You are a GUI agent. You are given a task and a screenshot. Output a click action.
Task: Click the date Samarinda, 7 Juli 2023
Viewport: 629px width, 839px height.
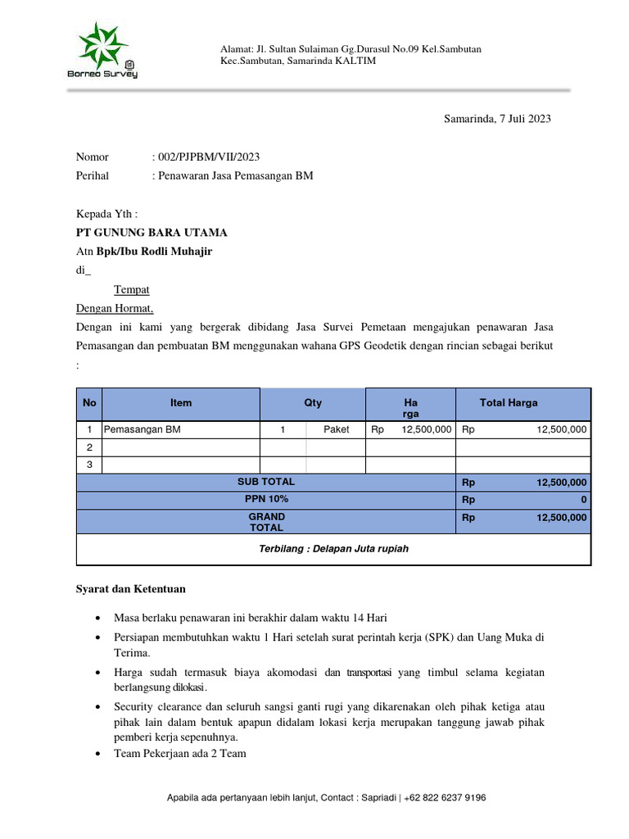point(497,119)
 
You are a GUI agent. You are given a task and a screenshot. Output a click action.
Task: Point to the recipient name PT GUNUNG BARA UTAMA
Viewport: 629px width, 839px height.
point(152,233)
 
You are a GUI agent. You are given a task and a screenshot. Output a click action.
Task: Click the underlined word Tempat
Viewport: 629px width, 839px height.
point(131,290)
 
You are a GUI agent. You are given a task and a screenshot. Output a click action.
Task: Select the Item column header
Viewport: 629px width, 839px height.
point(181,403)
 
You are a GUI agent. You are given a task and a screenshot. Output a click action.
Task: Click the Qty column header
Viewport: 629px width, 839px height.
point(313,403)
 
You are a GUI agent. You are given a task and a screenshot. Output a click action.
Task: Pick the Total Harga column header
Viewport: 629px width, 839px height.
point(509,403)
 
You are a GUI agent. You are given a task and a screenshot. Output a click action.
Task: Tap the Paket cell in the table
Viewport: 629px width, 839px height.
point(336,429)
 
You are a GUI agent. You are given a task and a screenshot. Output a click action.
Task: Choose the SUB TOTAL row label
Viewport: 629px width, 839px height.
point(266,482)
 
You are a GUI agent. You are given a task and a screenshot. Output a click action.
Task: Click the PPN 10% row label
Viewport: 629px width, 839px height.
point(266,499)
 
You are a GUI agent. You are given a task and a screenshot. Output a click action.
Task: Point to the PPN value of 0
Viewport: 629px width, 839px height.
point(583,500)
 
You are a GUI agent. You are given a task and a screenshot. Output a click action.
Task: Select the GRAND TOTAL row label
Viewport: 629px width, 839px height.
point(266,522)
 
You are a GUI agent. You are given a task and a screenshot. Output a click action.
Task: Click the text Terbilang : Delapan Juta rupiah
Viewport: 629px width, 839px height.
point(333,549)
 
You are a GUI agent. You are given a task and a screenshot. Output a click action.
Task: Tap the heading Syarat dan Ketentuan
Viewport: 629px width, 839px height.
point(130,589)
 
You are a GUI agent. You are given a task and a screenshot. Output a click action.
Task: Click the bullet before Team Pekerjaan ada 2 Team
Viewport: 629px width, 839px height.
point(99,754)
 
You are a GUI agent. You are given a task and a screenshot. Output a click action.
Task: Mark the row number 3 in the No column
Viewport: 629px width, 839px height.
point(89,465)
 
